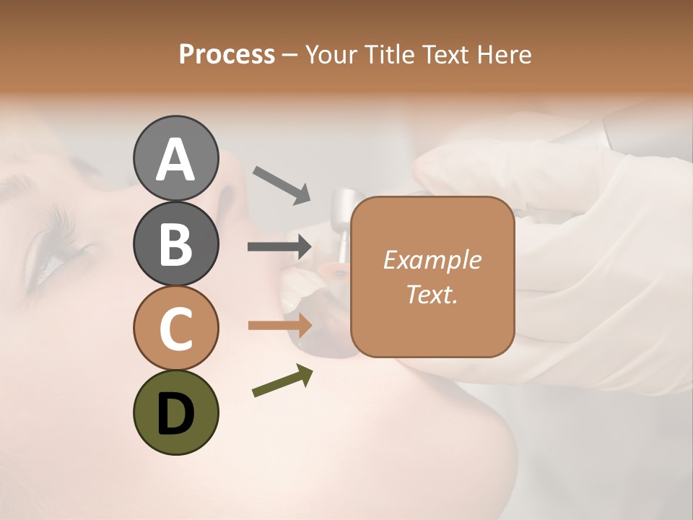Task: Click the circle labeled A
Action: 175,158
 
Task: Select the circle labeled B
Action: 175,243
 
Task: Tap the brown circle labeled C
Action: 175,328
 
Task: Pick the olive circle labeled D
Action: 175,412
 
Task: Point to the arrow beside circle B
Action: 279,247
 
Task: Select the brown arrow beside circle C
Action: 279,325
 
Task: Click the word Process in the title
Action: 227,55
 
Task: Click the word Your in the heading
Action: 330,55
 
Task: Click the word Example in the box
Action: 432,260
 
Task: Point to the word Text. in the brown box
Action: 432,294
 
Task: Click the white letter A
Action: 175,160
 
